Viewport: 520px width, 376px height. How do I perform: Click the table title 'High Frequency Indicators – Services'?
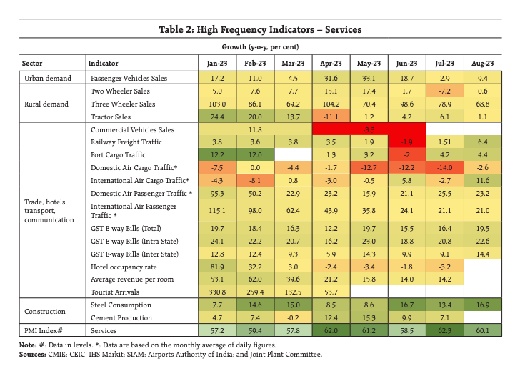point(279,29)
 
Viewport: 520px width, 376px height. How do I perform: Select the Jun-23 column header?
point(406,64)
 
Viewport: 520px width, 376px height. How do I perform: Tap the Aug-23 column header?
point(483,64)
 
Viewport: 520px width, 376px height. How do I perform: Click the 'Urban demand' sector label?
point(48,79)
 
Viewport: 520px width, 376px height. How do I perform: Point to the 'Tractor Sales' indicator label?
point(111,117)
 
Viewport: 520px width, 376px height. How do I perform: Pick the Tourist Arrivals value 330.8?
point(217,292)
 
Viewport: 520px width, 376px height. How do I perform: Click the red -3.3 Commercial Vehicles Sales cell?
point(369,129)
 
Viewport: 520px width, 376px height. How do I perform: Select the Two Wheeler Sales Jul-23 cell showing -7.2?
point(444,91)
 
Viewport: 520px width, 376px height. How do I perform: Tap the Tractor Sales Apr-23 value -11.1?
point(331,117)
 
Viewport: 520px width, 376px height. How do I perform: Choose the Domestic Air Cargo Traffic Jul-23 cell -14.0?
point(444,167)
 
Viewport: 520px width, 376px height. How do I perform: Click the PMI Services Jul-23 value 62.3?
point(444,330)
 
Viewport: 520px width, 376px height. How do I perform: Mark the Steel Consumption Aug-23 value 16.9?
point(483,305)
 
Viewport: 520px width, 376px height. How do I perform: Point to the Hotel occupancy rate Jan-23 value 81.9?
point(217,267)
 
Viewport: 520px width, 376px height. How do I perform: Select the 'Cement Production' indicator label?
point(121,317)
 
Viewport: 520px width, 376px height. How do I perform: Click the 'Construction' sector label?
point(45,311)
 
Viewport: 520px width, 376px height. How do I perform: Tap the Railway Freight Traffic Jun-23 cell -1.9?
point(406,142)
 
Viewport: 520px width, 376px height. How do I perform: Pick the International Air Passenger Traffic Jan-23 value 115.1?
point(217,210)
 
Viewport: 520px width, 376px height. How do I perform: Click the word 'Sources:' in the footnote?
point(33,354)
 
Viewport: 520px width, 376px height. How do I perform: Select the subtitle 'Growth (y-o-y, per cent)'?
point(260,46)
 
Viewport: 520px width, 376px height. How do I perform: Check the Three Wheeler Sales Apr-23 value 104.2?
point(331,104)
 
